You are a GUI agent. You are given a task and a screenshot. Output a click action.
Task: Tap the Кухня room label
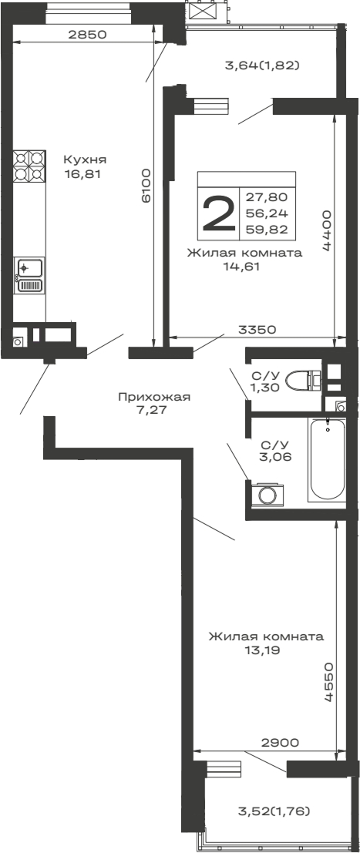coord(85,160)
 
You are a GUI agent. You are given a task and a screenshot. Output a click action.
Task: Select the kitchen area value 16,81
coord(83,174)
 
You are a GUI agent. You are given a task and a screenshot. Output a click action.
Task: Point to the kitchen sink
coord(29,276)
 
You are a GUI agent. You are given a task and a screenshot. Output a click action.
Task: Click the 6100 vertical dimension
coord(146,186)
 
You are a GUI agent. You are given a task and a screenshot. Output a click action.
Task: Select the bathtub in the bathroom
coord(328,460)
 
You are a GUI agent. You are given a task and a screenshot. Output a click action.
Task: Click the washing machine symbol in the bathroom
coord(268,493)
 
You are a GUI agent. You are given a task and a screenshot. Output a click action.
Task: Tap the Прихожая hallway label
coord(154,397)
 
